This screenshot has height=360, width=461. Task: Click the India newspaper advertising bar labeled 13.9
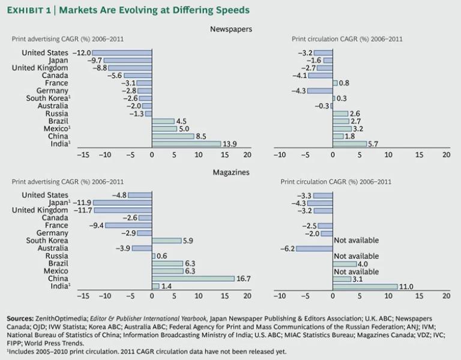(x=186, y=143)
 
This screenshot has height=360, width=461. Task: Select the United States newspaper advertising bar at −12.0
(x=122, y=53)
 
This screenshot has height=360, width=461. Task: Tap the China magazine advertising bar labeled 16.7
(x=193, y=278)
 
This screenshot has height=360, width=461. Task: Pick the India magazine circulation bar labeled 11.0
(x=364, y=286)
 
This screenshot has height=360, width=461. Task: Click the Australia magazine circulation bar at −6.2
(x=314, y=248)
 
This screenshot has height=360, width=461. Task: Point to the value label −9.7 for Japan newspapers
(x=94, y=61)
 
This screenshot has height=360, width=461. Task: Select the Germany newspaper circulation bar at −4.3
(x=320, y=91)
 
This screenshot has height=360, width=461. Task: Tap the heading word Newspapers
(x=230, y=28)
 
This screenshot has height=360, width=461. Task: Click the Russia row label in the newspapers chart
(x=56, y=113)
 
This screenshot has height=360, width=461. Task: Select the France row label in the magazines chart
(x=56, y=225)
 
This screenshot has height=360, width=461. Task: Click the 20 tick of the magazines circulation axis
(x=446, y=296)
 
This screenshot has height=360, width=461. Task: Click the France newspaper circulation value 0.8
(x=345, y=83)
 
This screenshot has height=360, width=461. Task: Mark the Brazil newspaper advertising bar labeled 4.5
(x=163, y=121)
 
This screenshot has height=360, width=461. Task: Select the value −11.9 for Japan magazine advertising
(x=82, y=203)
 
